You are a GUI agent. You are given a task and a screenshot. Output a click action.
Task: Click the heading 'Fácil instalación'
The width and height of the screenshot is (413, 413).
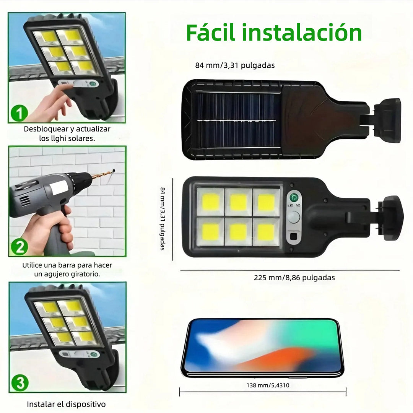tap(274, 33)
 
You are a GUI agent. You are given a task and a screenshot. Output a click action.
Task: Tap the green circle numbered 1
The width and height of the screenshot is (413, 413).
tap(19, 113)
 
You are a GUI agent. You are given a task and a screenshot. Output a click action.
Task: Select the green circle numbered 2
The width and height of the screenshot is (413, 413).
tap(20, 247)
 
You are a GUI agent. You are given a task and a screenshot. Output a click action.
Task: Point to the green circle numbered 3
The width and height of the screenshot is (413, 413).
tap(20, 383)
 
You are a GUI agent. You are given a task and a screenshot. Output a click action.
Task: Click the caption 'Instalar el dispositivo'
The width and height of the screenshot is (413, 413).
tap(66, 404)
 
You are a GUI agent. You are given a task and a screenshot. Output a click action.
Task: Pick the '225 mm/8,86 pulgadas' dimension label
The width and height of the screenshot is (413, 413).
tap(294, 278)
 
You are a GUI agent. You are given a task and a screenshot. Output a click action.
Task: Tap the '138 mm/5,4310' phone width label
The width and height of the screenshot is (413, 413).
tap(268, 385)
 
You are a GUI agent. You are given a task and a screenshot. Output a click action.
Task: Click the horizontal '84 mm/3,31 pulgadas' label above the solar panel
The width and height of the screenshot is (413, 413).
tap(235, 65)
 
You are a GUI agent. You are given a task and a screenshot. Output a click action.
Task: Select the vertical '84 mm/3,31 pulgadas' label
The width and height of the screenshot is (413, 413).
tap(163, 219)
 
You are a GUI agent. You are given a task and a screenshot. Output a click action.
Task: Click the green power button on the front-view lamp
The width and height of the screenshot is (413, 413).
tap(294, 197)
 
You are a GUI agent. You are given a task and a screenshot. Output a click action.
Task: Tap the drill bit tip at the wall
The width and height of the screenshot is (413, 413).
tap(114, 171)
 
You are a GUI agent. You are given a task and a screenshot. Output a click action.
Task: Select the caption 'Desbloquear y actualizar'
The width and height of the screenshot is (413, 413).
tap(67, 129)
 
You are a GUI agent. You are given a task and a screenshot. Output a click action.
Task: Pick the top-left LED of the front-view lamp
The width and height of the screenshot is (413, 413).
tap(210, 202)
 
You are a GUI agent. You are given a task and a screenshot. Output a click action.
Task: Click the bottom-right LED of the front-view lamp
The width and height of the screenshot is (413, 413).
tap(266, 232)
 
